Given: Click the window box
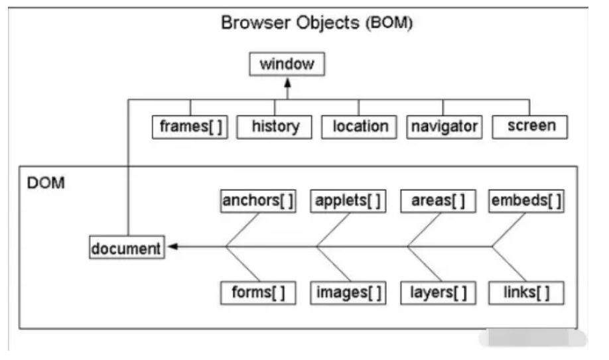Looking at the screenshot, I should click(287, 64).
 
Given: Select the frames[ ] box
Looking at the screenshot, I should click(190, 127).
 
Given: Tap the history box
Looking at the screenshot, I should click(275, 127).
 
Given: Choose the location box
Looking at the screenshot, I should click(360, 127).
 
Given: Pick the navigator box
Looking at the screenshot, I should click(444, 127).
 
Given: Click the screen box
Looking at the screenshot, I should click(530, 127).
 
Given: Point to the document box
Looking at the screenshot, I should click(127, 248).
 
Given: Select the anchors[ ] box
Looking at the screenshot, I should click(258, 201).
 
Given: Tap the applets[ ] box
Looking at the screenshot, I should click(348, 201).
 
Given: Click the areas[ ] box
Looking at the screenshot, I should click(439, 201).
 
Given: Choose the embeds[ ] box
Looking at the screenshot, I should click(527, 201).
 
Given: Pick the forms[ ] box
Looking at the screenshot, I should click(258, 292).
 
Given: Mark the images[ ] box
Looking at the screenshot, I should click(348, 292).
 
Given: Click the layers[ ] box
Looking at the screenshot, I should click(439, 292).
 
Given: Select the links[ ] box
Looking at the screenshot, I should click(527, 292).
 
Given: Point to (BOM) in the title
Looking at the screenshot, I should click(389, 24).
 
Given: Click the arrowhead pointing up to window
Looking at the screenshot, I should click(287, 84).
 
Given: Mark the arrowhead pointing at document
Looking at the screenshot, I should click(172, 247).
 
